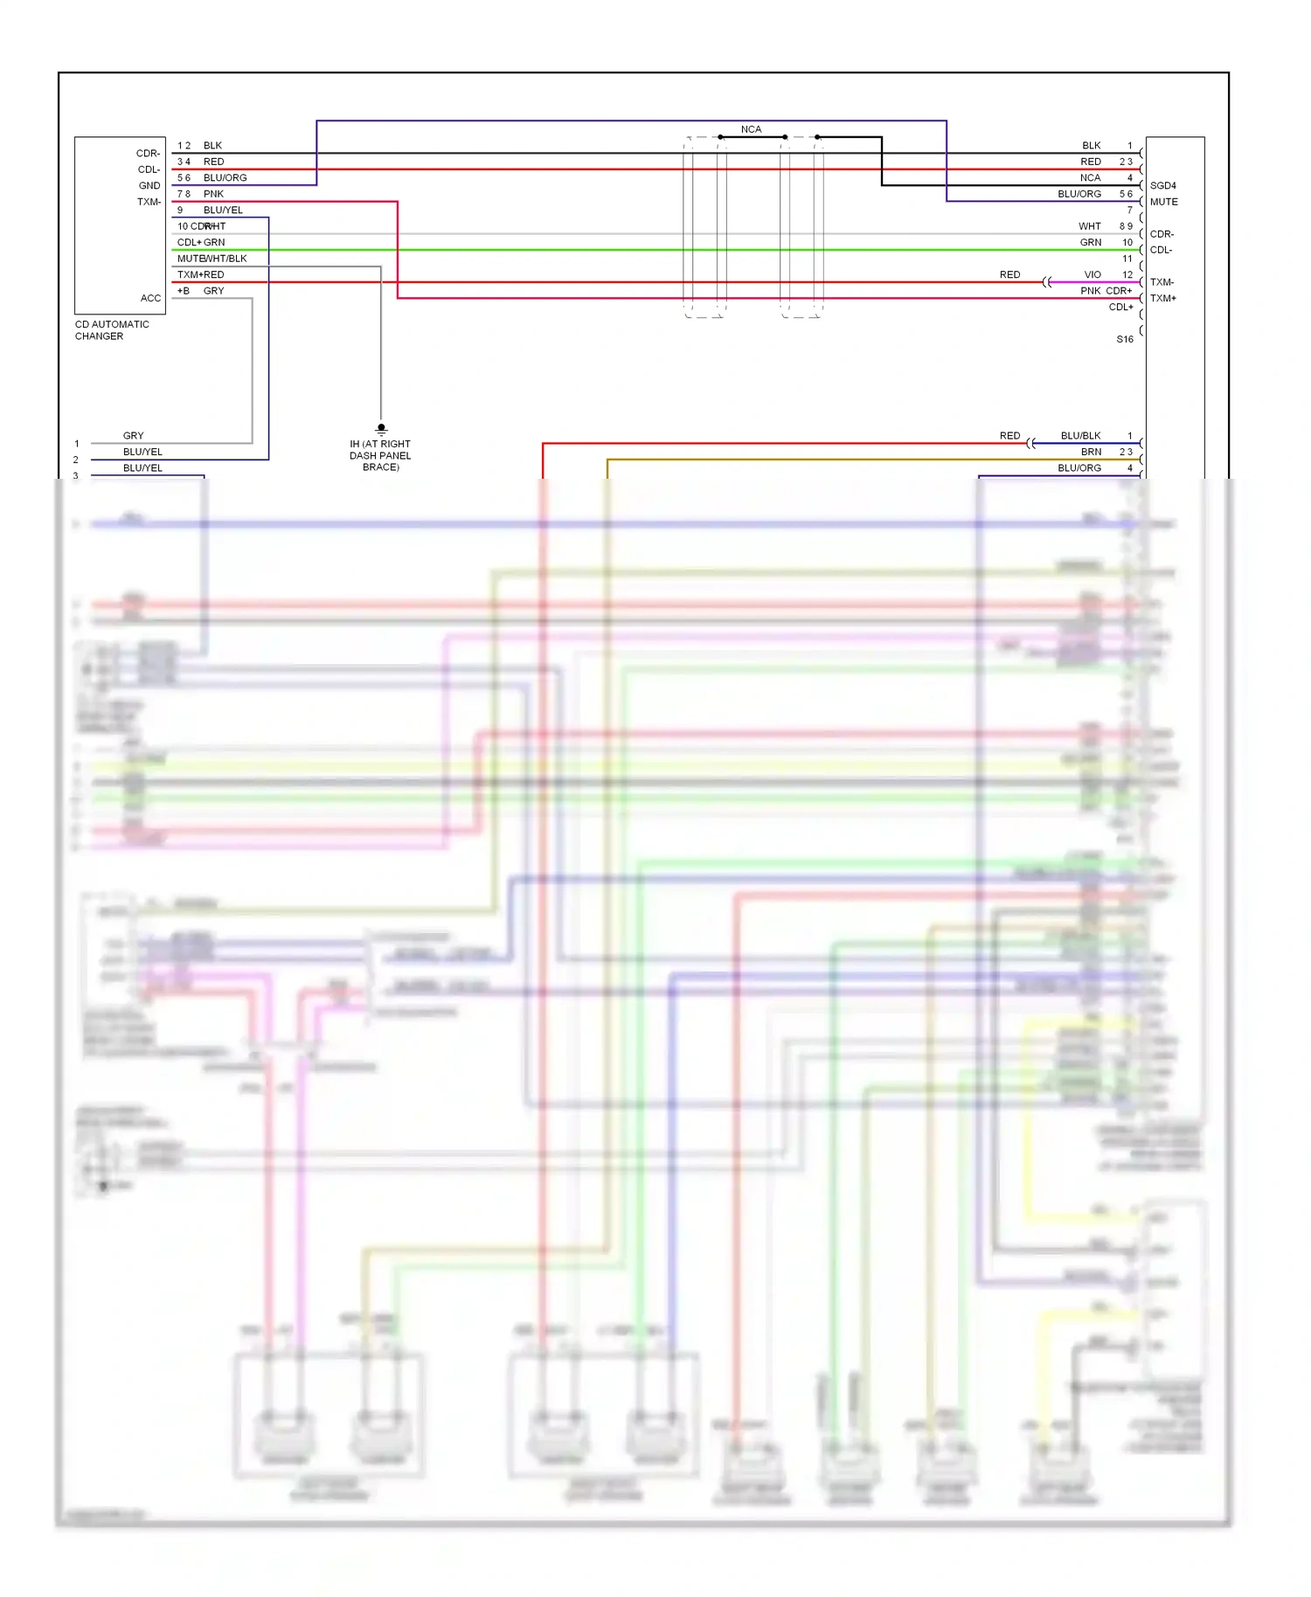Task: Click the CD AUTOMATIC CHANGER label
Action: (112, 330)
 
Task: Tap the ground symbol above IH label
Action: (381, 429)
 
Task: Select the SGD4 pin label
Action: (1162, 185)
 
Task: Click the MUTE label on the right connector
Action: (1163, 202)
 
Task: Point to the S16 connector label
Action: (1124, 339)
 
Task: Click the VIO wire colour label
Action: (1092, 274)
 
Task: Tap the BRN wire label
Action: (1091, 452)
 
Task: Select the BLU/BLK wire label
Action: (1080, 435)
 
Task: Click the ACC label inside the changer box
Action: (150, 298)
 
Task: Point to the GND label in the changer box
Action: (149, 185)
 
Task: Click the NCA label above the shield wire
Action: (751, 129)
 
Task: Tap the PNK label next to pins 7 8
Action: (213, 194)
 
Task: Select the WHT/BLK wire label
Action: (225, 259)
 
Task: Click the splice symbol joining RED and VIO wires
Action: (1047, 282)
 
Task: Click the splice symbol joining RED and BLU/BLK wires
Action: (1031, 443)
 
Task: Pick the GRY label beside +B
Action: (213, 291)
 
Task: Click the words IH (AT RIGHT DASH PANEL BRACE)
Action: (380, 455)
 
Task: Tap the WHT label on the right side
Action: (1089, 226)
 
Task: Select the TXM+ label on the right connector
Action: (1162, 298)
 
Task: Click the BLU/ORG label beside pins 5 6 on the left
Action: (225, 177)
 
